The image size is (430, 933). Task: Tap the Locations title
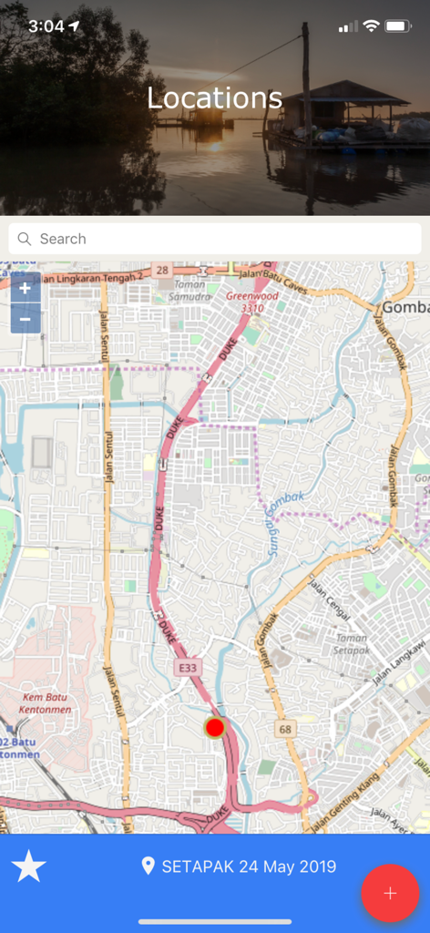click(x=215, y=98)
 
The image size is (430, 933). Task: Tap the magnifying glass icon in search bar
click(x=25, y=239)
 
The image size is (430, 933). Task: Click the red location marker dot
click(x=215, y=727)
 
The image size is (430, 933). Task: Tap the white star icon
click(x=29, y=866)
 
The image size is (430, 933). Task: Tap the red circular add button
click(x=390, y=893)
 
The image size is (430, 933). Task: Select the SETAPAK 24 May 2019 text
click(x=249, y=866)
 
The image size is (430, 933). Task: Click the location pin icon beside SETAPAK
click(x=148, y=866)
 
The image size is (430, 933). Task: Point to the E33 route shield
click(x=187, y=668)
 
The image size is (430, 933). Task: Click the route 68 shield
click(x=287, y=729)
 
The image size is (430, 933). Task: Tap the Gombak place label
click(x=404, y=308)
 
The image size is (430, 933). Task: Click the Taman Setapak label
click(x=351, y=645)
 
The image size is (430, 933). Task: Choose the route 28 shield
click(x=162, y=271)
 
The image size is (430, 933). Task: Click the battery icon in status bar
click(x=398, y=26)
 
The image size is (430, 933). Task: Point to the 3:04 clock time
click(x=46, y=26)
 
